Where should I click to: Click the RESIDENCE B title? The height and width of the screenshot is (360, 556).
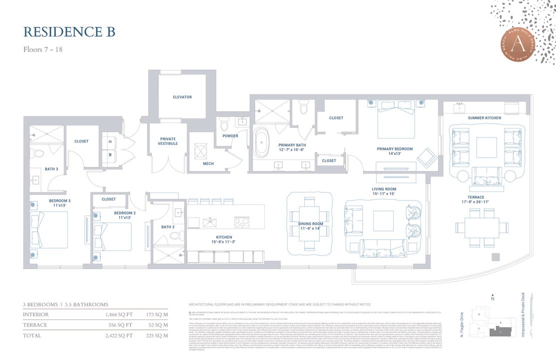tap(69, 31)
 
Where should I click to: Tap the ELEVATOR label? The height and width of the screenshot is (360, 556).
tap(182, 97)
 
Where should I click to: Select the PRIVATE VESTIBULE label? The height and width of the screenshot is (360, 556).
tap(168, 142)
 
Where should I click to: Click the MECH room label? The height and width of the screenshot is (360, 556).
tap(208, 163)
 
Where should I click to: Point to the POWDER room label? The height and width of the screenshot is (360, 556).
tap(230, 135)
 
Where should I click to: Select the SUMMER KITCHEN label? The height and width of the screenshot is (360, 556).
tap(484, 118)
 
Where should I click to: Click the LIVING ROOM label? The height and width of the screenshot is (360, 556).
tap(384, 191)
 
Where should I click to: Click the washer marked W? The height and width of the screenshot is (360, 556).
tap(110, 154)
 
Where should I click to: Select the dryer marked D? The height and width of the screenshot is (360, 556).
tap(110, 141)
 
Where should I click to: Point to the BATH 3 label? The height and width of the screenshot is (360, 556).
tap(51, 169)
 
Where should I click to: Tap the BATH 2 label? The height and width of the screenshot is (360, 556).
tap(168, 227)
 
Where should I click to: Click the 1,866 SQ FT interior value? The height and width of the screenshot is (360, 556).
tap(119, 314)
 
